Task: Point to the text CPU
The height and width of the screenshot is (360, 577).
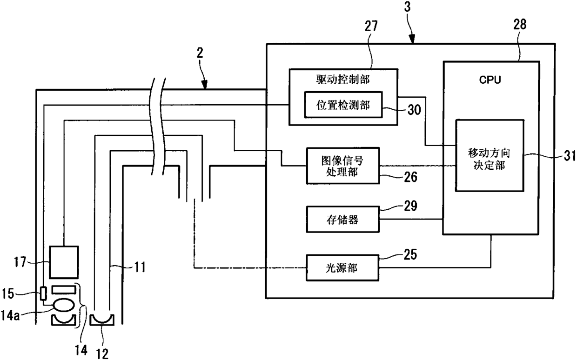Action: point(490,80)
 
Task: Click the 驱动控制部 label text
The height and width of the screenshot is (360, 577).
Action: point(343,80)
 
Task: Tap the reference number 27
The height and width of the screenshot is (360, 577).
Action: point(371,26)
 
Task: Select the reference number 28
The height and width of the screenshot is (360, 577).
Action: point(520,25)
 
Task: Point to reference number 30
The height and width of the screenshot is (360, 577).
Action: point(414,110)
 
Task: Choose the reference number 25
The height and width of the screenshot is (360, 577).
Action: point(410,254)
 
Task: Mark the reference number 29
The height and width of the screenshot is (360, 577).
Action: point(410,206)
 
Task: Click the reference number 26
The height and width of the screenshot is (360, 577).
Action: point(410,177)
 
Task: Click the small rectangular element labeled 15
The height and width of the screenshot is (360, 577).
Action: point(44,293)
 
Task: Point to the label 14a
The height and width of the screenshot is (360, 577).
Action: point(10,315)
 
